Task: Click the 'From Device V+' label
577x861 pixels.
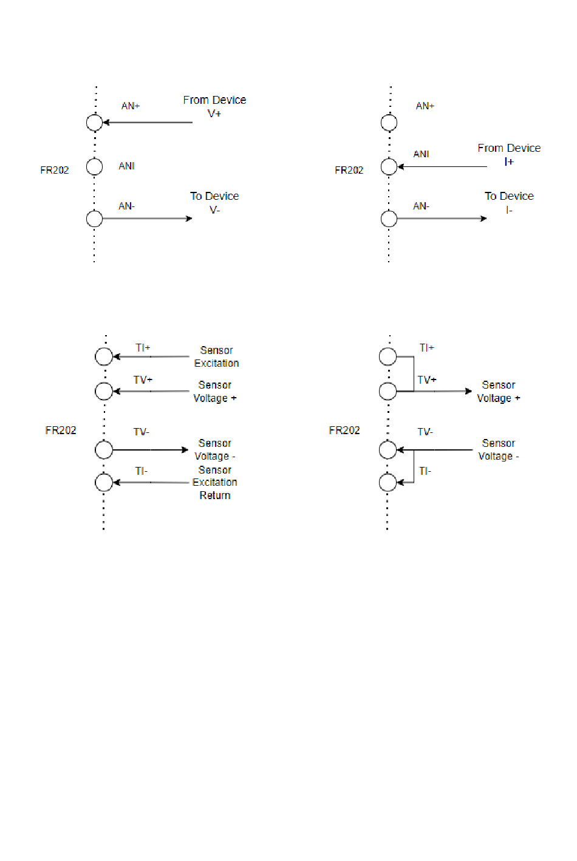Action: pos(214,106)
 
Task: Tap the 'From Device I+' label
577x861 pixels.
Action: pos(508,154)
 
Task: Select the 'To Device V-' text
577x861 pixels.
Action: pos(214,202)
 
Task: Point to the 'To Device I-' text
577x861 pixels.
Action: pos(508,202)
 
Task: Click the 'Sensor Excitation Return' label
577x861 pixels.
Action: pos(214,482)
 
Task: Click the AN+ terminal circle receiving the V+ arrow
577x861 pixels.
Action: pos(94,123)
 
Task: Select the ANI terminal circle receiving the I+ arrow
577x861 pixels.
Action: pos(389,166)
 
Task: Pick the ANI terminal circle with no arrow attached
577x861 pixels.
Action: pos(94,166)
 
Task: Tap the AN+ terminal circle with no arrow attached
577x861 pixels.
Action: pos(389,123)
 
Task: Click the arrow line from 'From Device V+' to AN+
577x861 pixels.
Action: pos(149,123)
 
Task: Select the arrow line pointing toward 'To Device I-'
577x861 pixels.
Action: pos(442,219)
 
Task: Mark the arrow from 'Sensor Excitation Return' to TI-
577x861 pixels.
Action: pos(152,483)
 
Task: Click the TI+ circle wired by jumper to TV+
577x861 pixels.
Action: pos(388,356)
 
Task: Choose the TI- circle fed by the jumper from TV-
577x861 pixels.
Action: pos(388,483)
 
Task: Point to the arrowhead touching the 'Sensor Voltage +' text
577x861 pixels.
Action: pos(468,391)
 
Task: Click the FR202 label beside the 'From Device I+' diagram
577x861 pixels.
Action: pos(349,170)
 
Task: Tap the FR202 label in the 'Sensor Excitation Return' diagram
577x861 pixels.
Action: pos(61,430)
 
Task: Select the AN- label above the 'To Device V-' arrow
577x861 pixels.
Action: pos(126,206)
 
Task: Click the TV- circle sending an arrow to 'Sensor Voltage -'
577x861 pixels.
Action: pos(104,450)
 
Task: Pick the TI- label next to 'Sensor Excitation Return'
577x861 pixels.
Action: pos(141,471)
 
